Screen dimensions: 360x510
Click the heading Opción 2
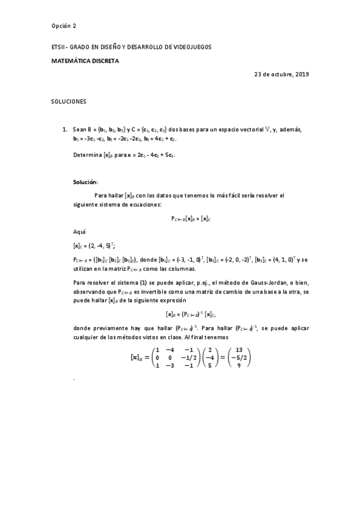(x=64, y=26)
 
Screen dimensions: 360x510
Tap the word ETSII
(x=58, y=46)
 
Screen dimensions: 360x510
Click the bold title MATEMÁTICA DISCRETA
(x=85, y=61)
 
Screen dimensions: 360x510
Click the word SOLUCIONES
(x=69, y=102)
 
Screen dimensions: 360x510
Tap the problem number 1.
(x=65, y=129)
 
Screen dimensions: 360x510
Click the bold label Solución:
(x=85, y=182)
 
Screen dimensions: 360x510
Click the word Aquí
(x=79, y=232)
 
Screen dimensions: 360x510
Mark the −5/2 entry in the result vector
(x=239, y=357)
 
